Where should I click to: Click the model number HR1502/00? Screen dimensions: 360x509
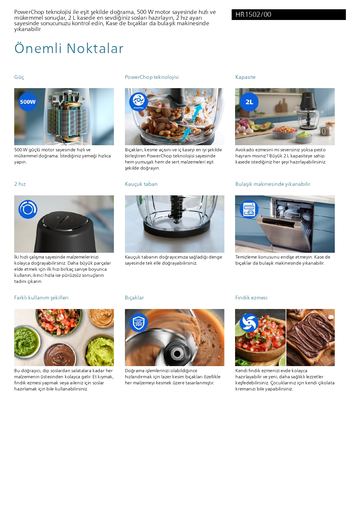click(253, 14)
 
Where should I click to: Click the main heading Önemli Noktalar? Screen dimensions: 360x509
click(69, 48)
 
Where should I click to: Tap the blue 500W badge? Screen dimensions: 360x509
click(28, 102)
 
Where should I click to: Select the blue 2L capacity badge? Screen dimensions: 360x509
click(249, 102)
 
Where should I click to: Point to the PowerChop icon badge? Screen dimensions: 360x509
click(139, 102)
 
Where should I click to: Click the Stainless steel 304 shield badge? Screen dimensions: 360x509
click(139, 323)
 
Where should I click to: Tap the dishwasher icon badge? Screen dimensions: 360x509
click(249, 209)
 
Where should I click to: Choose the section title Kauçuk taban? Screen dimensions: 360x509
click(141, 184)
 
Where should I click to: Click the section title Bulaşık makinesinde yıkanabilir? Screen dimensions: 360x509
click(273, 184)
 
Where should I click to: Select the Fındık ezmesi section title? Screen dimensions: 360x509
click(251, 298)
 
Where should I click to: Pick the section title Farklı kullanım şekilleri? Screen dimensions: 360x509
click(41, 298)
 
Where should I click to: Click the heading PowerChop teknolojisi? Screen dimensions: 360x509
click(152, 77)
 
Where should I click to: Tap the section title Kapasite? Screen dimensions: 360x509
click(245, 77)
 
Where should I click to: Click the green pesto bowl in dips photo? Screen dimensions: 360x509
click(27, 340)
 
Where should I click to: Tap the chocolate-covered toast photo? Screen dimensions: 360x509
click(310, 337)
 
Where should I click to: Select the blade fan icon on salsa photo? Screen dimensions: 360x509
click(249, 323)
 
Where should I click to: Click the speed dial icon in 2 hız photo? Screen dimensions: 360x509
click(28, 209)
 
